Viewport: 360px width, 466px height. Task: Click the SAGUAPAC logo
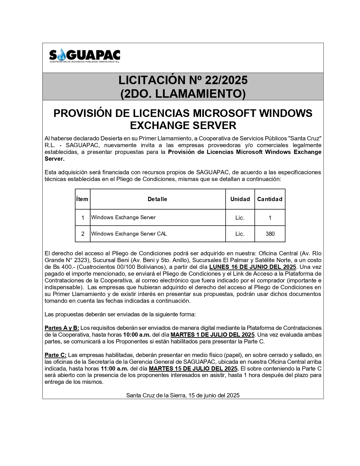pos(84,56)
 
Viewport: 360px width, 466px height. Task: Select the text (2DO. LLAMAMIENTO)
pos(183,94)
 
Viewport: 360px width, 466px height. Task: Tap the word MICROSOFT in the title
pos(224,113)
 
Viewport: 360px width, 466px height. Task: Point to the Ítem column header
pos(82,199)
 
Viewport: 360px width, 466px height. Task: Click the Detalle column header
pos(157,199)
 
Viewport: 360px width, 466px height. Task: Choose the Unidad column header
pos(240,199)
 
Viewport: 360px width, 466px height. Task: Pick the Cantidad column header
pos(270,199)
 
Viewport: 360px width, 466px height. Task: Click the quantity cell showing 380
pos(270,234)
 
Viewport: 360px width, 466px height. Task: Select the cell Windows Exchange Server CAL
pos(129,234)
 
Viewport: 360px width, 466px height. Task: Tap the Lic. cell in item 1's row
pos(240,218)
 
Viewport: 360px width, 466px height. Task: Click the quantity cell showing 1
pos(270,218)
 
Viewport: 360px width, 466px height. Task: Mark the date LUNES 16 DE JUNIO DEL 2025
pos(252,267)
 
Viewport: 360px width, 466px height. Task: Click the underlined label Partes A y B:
pos(62,328)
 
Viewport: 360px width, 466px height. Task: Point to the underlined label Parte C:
pos(55,355)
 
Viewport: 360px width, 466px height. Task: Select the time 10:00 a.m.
pos(137,335)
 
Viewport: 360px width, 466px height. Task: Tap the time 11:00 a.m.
pos(114,369)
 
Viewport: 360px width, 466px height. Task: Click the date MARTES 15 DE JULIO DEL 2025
pos(193,369)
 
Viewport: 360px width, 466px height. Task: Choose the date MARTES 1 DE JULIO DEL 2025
pos(213,335)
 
